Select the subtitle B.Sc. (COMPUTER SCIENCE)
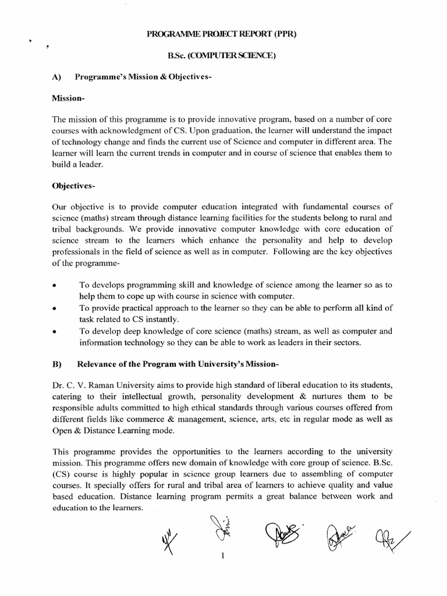tap(223, 57)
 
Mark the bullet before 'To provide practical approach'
tap(54, 309)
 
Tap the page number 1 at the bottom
tap(223, 555)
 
